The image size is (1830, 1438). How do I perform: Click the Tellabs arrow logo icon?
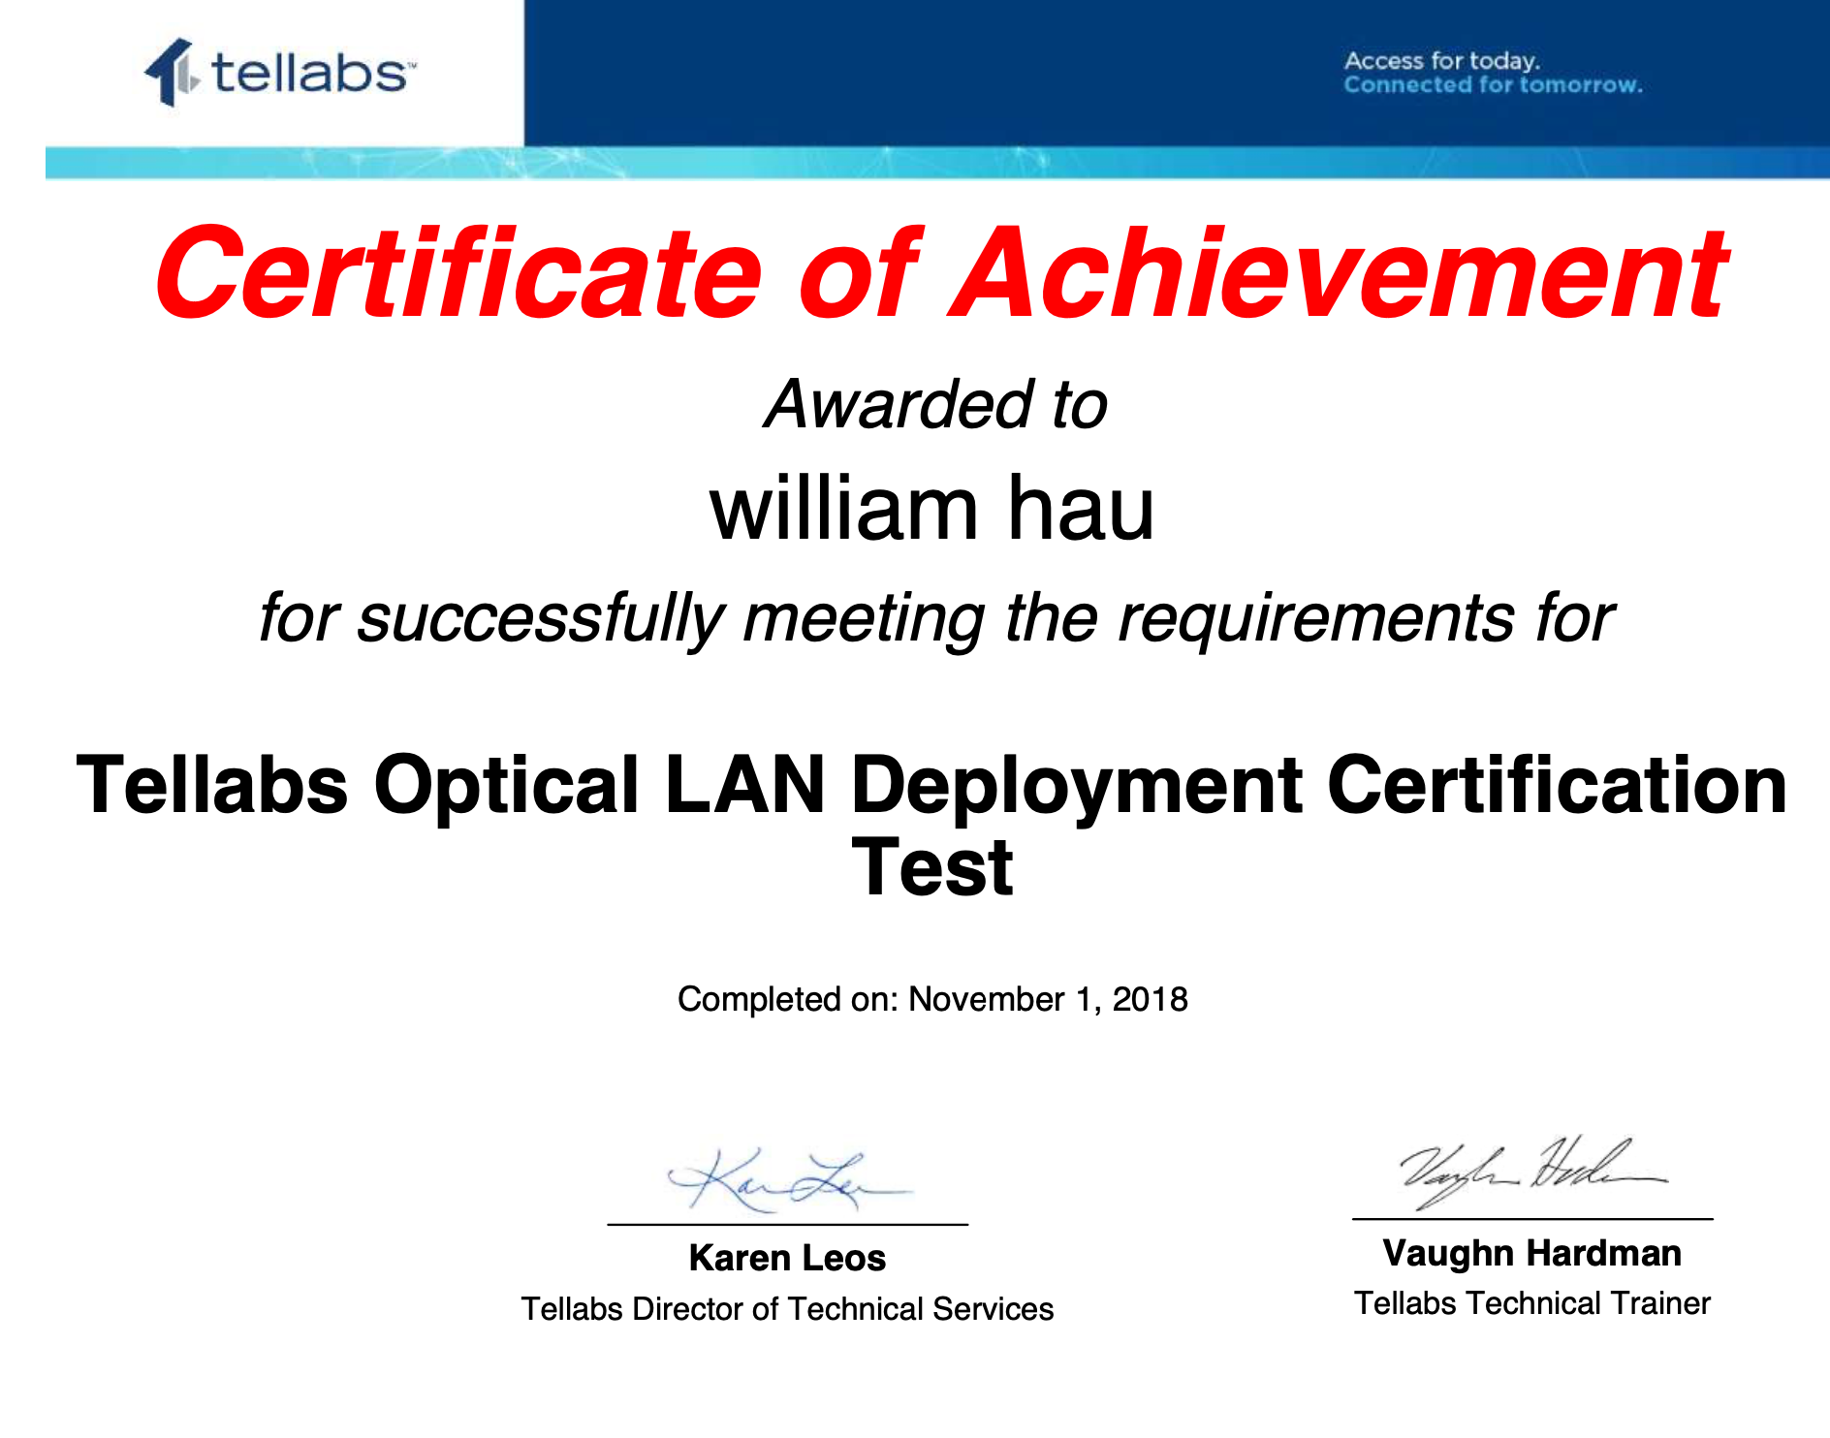pyautogui.click(x=172, y=72)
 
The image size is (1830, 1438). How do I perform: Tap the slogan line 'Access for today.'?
pyautogui.click(x=1441, y=61)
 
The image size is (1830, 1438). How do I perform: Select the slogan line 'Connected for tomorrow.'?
pyautogui.click(x=1493, y=85)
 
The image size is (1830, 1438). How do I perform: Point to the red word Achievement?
pyautogui.click(x=1339, y=272)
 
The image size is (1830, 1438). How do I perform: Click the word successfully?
pyautogui.click(x=541, y=618)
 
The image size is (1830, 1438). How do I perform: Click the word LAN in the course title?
pyautogui.click(x=744, y=785)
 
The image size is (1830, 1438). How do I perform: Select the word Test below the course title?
pyautogui.click(x=932, y=868)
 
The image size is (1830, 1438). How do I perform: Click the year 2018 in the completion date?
pyautogui.click(x=1150, y=999)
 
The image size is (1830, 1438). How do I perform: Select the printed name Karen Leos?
pyautogui.click(x=787, y=1258)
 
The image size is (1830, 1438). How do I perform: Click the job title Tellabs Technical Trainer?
pyautogui.click(x=1532, y=1303)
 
